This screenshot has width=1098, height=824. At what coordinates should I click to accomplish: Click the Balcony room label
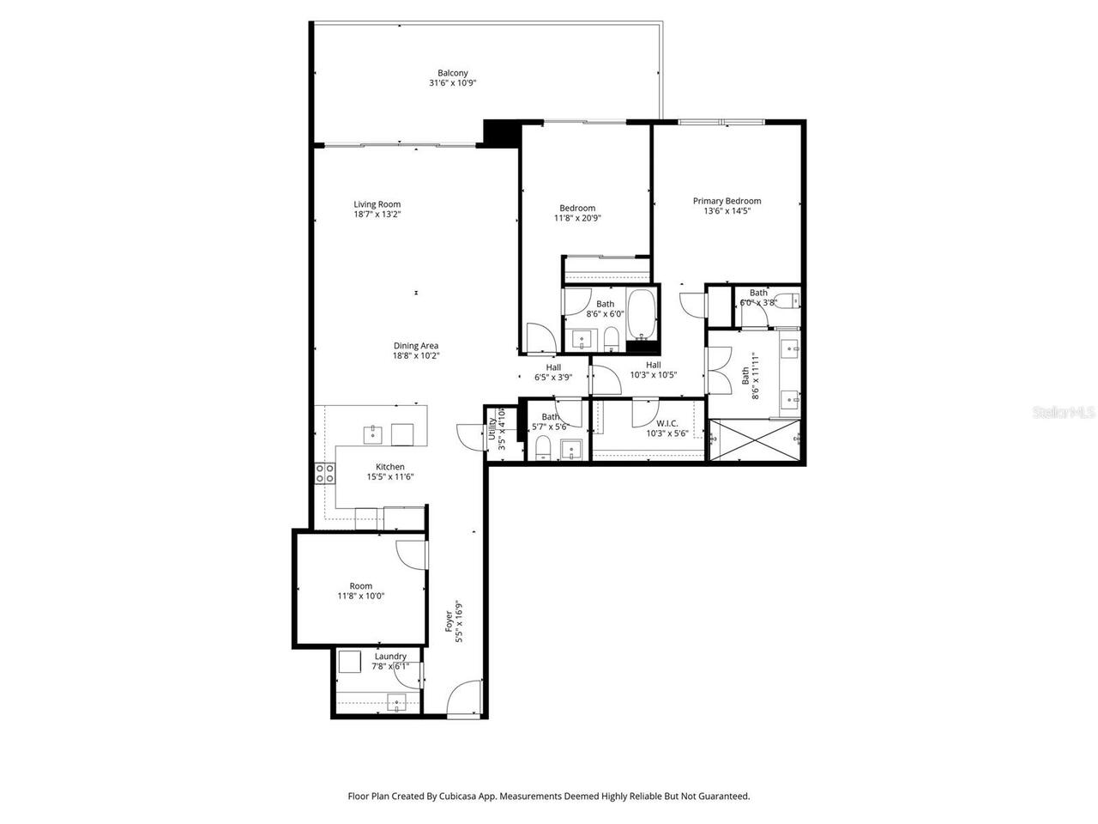[x=452, y=73]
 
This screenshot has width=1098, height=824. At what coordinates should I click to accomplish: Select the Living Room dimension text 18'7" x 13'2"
[x=377, y=215]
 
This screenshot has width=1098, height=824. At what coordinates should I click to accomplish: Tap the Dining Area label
[x=416, y=346]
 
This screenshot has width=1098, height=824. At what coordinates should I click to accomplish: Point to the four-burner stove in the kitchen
[x=325, y=473]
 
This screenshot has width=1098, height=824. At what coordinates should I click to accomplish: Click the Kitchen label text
[x=389, y=467]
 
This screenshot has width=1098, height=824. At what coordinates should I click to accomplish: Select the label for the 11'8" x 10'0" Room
[x=360, y=586]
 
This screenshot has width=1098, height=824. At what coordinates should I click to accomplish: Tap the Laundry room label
[x=390, y=657]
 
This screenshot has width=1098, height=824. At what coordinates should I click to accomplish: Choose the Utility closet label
[x=492, y=427]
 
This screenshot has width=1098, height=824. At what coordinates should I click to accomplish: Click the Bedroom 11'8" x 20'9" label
[x=577, y=208]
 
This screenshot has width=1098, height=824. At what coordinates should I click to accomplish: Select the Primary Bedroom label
[x=727, y=201]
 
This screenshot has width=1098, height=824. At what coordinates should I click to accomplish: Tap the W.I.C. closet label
[x=667, y=423]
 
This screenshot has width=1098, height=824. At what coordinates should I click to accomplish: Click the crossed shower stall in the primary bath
[x=755, y=440]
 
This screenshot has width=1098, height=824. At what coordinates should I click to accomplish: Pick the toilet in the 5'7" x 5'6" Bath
[x=542, y=448]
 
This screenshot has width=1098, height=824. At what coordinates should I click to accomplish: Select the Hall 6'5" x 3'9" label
[x=553, y=367]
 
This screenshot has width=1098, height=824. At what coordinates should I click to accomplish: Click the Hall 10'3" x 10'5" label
[x=654, y=365]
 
